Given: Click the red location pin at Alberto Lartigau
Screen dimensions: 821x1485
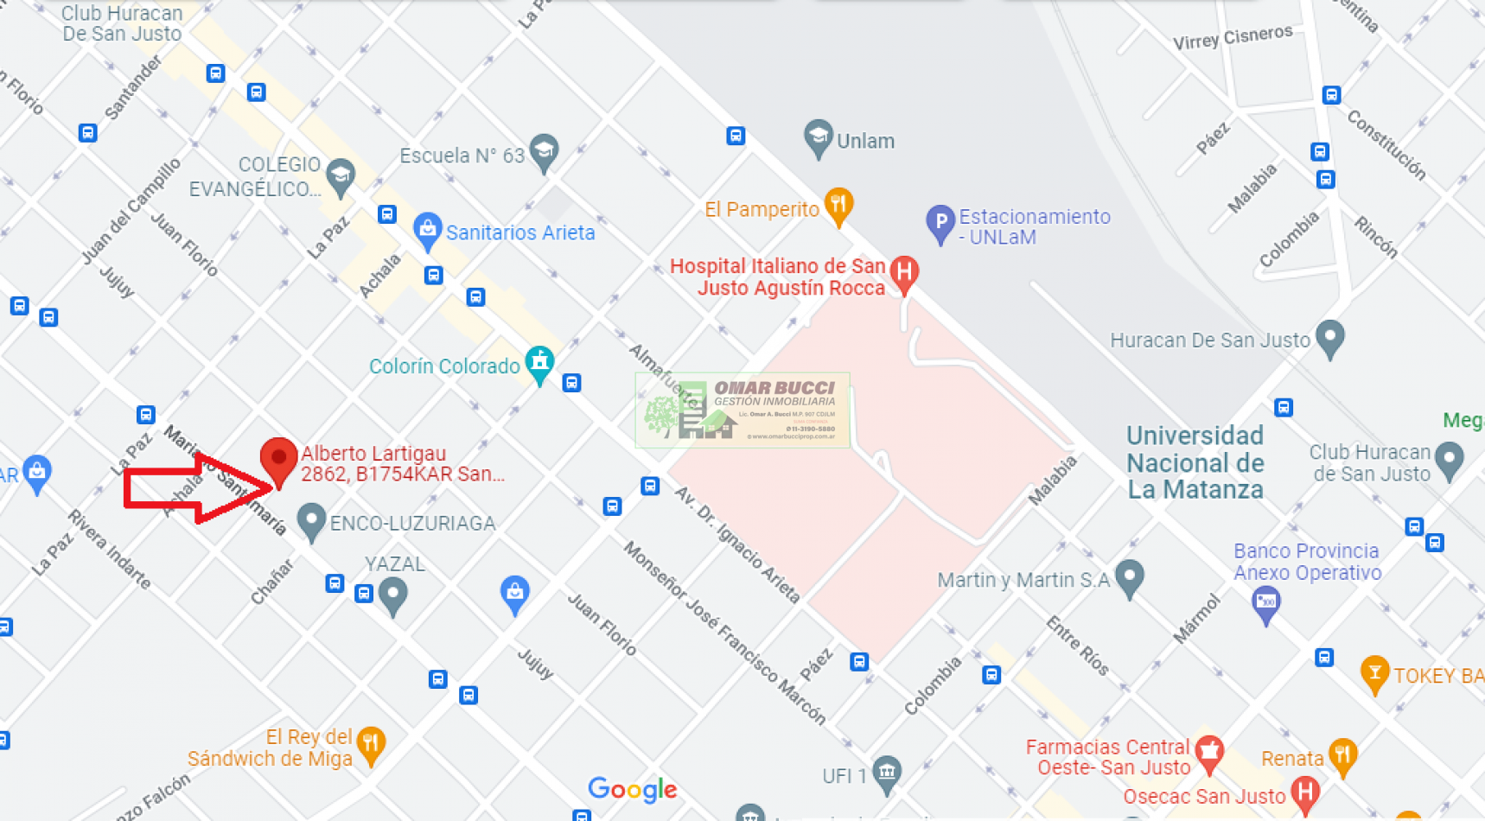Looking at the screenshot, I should click(278, 458).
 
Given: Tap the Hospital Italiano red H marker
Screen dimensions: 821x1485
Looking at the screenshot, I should click(904, 273).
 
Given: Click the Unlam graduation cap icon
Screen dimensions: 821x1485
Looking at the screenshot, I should click(818, 137).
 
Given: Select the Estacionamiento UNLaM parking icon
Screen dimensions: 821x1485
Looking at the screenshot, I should click(940, 222).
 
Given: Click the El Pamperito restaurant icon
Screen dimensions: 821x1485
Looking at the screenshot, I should click(838, 206).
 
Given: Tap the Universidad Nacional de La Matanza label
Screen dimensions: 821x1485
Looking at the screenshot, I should click(1195, 462).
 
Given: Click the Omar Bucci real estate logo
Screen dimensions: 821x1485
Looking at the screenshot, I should click(742, 410).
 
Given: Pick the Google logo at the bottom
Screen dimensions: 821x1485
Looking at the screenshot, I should click(633, 788).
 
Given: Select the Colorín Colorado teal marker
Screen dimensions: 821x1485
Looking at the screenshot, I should click(540, 362).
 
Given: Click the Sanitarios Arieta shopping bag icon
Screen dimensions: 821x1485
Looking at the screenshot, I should click(427, 230).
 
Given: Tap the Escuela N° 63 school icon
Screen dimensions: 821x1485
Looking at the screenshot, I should click(544, 151).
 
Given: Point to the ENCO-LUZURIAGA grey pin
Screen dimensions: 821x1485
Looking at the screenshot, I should click(310, 520).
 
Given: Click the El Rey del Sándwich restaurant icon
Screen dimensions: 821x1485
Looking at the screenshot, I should click(371, 744).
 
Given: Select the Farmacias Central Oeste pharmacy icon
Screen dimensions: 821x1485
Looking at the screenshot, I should click(1209, 753).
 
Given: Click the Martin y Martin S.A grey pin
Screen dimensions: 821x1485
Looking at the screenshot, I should click(1130, 576).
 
